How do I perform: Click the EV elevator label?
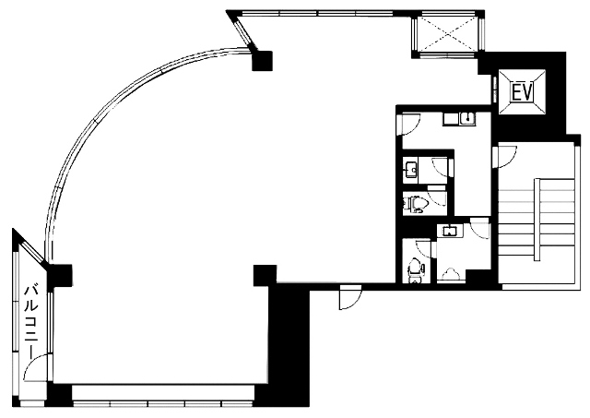[522, 92]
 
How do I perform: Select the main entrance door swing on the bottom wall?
[350, 297]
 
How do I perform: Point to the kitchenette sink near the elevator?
[467, 118]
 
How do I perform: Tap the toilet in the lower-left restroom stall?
[415, 269]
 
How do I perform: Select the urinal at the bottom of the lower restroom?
[451, 274]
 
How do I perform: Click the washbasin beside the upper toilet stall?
[410, 170]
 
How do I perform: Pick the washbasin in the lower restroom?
[449, 231]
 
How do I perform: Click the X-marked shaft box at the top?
[447, 33]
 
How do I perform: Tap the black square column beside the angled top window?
[262, 61]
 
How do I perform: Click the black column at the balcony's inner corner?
[60, 275]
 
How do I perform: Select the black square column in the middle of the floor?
[265, 275]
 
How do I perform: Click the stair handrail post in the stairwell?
[537, 220]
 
